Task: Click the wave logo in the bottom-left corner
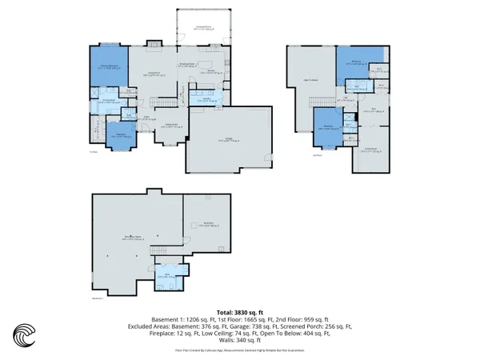pyautogui.click(x=25, y=334)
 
